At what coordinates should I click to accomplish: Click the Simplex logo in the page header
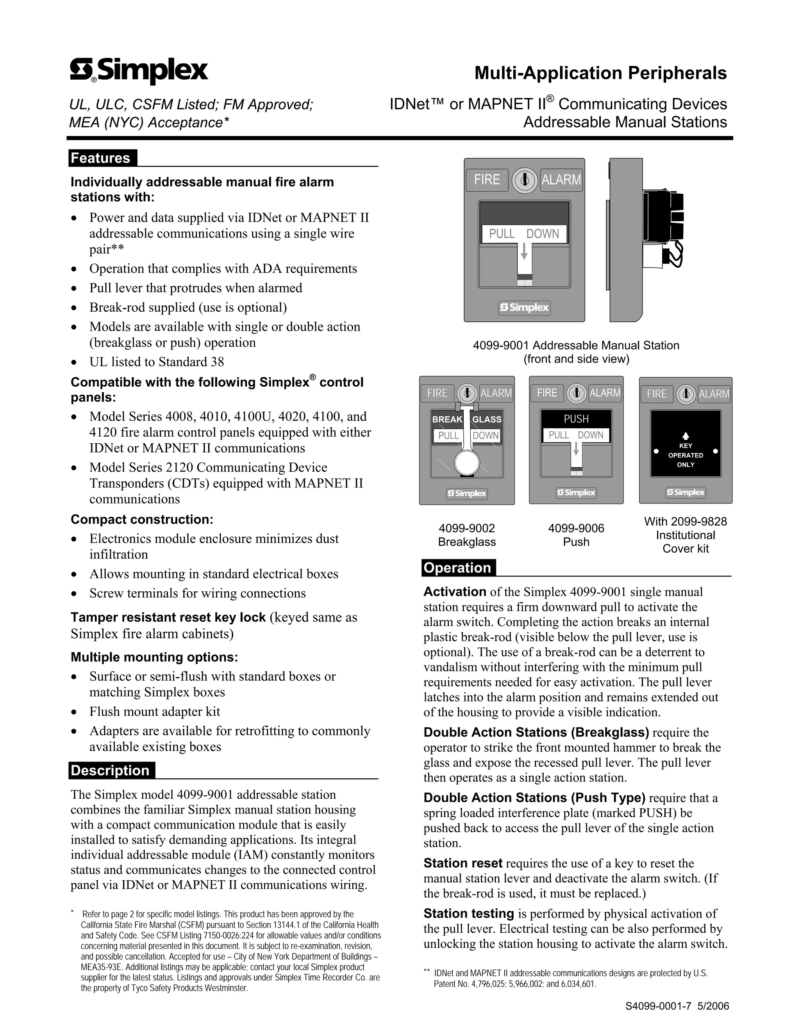tap(139, 71)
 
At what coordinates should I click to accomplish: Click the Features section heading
tap(100, 158)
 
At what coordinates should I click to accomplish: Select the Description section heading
tap(110, 770)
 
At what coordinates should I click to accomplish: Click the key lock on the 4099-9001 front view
tap(524, 180)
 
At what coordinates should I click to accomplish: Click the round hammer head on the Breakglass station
tap(467, 462)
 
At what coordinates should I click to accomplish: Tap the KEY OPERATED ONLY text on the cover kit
tap(685, 455)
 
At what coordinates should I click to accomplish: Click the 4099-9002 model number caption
tap(466, 528)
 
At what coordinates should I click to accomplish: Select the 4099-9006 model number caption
tap(576, 528)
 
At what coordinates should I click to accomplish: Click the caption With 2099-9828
tap(685, 521)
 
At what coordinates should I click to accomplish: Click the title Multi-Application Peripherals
tap(600, 73)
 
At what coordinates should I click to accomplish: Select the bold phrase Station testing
tap(468, 913)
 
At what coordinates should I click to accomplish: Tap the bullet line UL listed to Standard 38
tap(156, 362)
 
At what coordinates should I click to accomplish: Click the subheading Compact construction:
tap(142, 519)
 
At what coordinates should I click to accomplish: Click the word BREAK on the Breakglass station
tap(446, 419)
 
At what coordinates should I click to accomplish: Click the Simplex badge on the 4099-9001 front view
tap(524, 307)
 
